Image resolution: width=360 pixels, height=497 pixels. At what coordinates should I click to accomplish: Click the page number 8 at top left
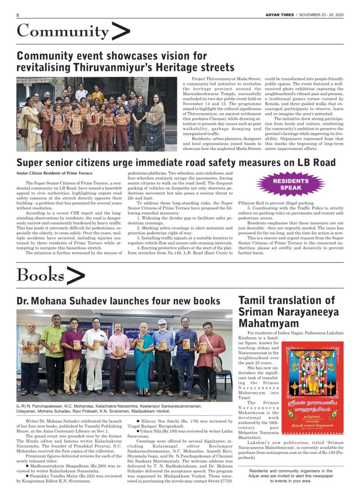click(x=17, y=15)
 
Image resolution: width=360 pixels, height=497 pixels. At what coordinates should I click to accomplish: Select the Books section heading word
click(x=40, y=275)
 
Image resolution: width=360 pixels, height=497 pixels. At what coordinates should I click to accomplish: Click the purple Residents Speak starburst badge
click(x=291, y=184)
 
